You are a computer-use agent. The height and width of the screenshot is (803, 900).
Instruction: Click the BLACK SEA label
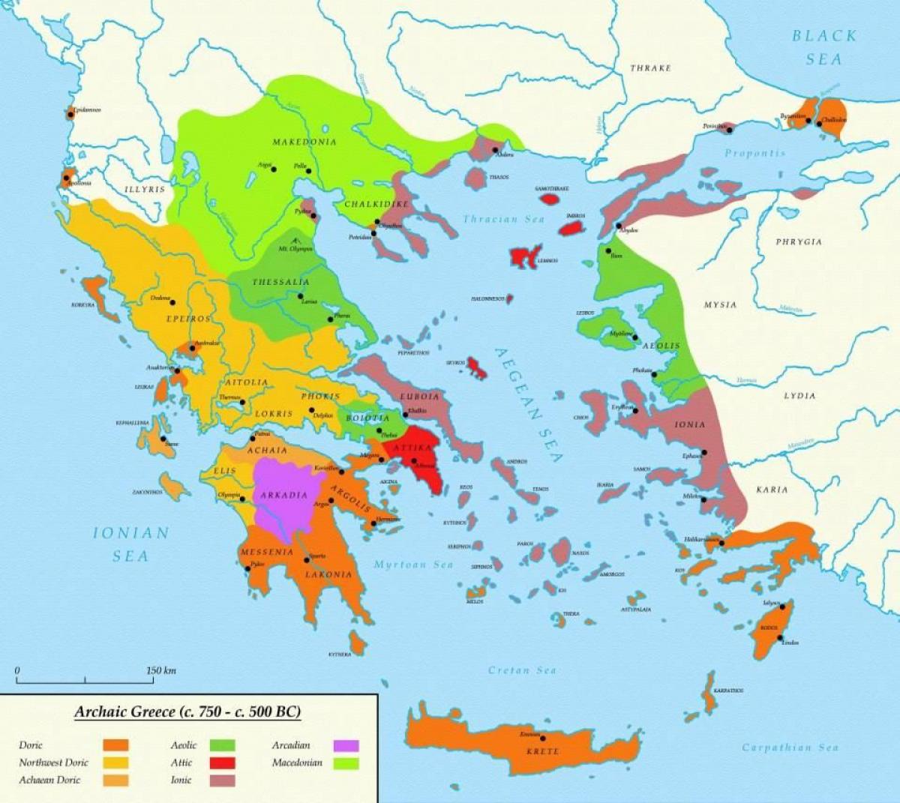(x=824, y=46)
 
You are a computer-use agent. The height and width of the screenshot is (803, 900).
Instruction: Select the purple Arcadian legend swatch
(x=346, y=745)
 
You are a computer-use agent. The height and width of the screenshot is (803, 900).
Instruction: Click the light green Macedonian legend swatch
(x=346, y=763)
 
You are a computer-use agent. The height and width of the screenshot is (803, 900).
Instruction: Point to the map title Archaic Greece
(x=187, y=712)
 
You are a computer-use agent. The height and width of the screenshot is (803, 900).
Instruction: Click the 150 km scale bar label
(x=160, y=670)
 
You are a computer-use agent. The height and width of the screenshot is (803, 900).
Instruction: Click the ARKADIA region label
(x=283, y=495)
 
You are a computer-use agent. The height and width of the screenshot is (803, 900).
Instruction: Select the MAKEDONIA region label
(x=304, y=142)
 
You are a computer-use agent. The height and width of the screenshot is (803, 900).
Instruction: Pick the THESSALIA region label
(x=281, y=282)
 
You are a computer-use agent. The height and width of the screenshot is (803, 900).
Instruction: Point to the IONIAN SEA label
(x=131, y=544)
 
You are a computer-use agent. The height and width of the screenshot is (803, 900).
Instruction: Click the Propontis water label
(x=754, y=153)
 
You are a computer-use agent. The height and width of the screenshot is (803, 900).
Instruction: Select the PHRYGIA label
(x=799, y=242)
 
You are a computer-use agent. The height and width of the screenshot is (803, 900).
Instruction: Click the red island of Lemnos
(x=525, y=256)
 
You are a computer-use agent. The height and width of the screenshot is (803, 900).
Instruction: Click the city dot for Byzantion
(x=808, y=119)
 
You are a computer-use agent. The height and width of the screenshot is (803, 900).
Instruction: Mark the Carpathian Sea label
(x=790, y=747)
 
